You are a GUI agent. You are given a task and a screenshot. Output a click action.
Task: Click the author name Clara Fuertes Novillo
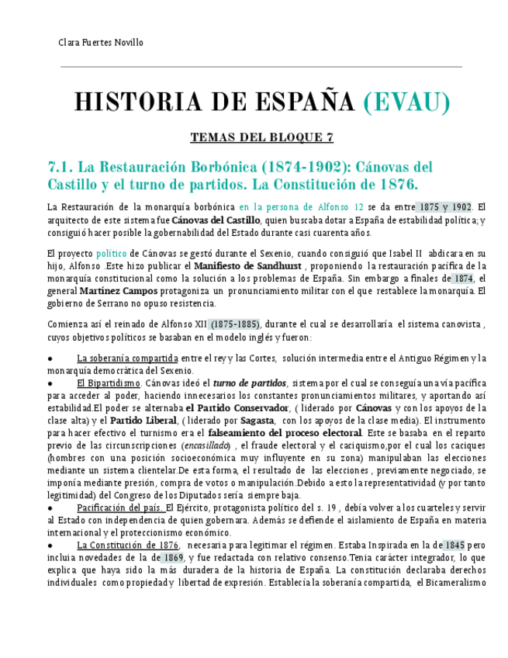101,43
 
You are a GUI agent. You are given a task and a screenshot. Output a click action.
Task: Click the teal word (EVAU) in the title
406,102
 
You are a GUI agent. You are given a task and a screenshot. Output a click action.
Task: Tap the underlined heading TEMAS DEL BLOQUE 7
262,138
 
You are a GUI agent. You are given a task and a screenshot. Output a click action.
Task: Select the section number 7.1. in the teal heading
61,167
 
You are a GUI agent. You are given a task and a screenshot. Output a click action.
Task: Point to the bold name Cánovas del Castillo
216,220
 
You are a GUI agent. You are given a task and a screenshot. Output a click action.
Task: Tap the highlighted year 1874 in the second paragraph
463,279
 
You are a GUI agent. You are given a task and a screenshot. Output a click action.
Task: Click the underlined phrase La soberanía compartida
127,358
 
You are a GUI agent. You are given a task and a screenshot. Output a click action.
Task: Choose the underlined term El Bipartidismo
109,383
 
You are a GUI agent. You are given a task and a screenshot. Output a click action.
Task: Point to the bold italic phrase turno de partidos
250,383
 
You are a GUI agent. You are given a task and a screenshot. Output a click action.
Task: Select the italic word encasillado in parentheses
206,446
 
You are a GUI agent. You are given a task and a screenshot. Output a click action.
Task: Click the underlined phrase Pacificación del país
120,507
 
